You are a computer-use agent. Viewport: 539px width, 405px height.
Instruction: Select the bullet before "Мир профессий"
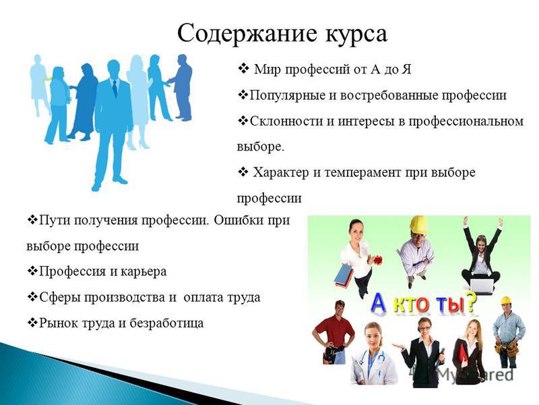243,69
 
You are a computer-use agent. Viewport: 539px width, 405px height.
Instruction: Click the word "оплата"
203,297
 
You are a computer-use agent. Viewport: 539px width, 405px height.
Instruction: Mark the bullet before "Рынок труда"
32,323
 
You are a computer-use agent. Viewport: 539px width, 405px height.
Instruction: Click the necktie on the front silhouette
115,88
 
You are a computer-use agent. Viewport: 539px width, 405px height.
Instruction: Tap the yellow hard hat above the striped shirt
418,225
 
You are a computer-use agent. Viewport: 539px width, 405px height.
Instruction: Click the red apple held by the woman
378,260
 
